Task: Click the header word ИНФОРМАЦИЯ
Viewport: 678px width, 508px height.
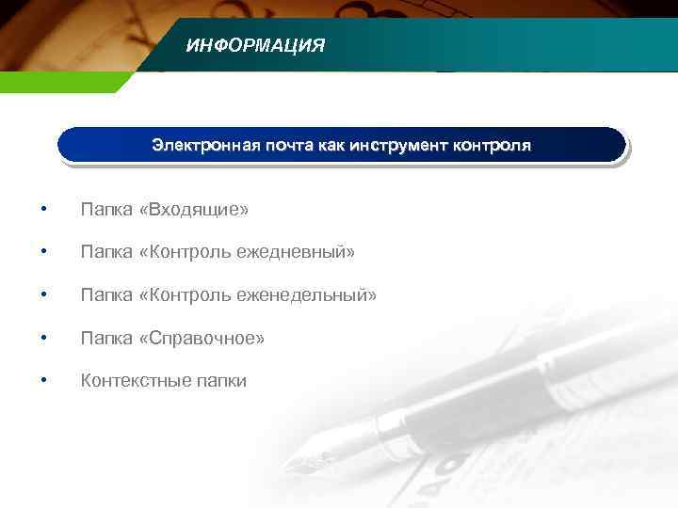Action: (x=255, y=45)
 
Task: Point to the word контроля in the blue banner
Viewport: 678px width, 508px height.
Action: (x=492, y=146)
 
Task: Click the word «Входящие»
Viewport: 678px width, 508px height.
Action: (x=193, y=208)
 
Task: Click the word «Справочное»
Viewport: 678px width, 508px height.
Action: (x=202, y=338)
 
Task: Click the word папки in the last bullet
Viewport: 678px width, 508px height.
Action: (x=218, y=382)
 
